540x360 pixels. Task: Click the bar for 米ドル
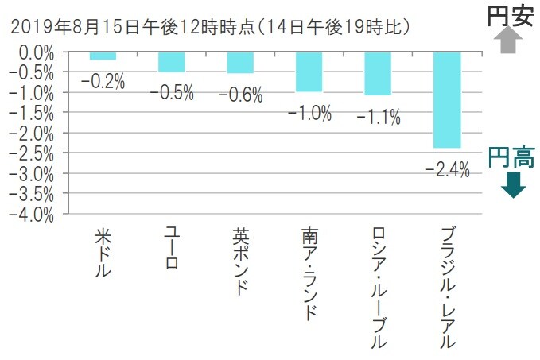coord(103,56)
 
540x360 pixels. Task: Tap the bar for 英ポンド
coord(240,63)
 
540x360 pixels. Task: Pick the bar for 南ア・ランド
coord(309,72)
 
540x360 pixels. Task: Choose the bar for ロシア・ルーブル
coord(378,74)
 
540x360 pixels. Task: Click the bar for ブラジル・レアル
coord(446,100)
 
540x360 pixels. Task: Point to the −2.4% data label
coord(447,168)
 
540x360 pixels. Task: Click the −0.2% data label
coord(103,81)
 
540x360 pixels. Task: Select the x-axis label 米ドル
coord(103,253)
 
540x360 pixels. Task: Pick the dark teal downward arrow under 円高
coord(514,186)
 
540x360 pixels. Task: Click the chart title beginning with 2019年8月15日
coord(210,27)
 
